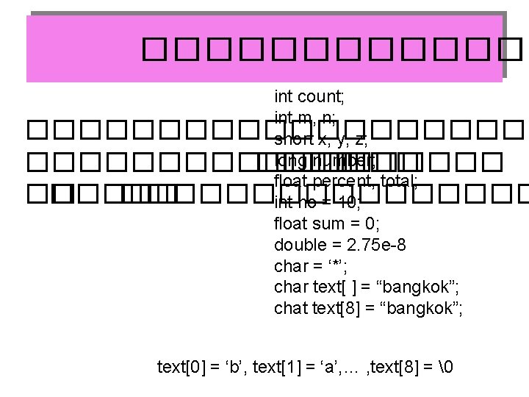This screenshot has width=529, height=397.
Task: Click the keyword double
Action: [x=298, y=243]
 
